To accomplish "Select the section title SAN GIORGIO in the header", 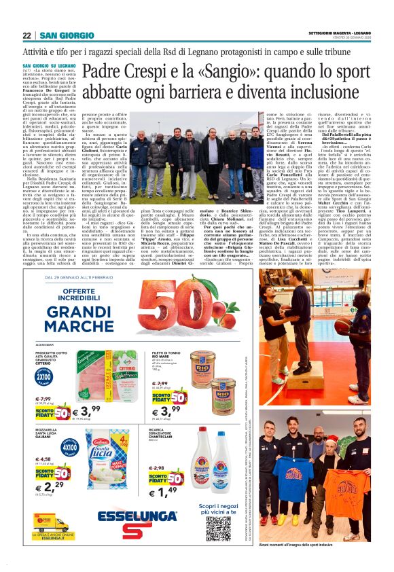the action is point(67,35).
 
